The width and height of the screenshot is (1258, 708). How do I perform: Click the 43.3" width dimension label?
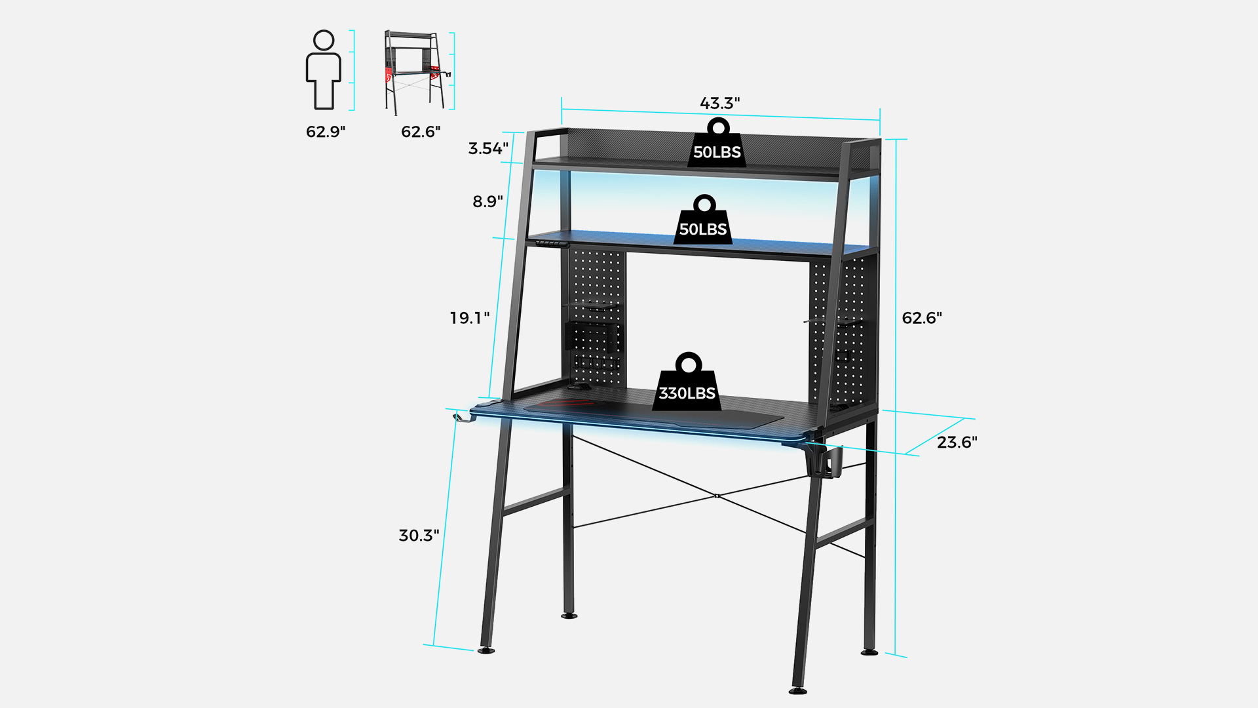pyautogui.click(x=719, y=103)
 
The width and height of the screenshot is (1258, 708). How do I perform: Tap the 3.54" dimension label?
pyautogui.click(x=488, y=148)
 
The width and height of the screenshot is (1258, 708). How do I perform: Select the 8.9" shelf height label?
pyautogui.click(x=488, y=201)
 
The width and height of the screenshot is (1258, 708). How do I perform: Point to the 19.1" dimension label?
pyautogui.click(x=470, y=318)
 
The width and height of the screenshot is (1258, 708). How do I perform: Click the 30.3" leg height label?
pyautogui.click(x=419, y=536)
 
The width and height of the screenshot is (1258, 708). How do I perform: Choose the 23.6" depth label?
pyautogui.click(x=957, y=442)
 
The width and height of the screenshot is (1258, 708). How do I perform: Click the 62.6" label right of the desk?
pyautogui.click(x=922, y=318)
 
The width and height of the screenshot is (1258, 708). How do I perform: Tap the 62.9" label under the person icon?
pyautogui.click(x=326, y=132)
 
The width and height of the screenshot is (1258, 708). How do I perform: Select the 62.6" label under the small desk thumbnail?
pyautogui.click(x=421, y=132)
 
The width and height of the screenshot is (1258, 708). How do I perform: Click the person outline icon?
pyautogui.click(x=324, y=69)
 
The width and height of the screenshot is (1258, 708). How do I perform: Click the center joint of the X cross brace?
pyautogui.click(x=717, y=496)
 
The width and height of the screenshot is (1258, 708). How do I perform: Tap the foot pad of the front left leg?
pyautogui.click(x=486, y=650)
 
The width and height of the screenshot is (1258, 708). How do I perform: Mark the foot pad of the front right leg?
pyautogui.click(x=798, y=690)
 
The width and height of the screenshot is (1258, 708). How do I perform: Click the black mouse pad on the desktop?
pyautogui.click(x=653, y=412)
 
